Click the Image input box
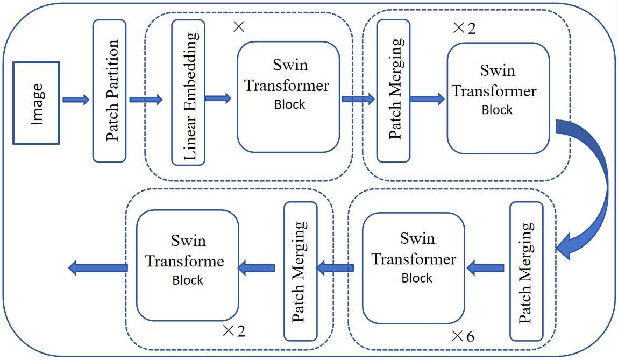coord(37,103)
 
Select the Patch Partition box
coord(109,90)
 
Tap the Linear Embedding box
coord(188,93)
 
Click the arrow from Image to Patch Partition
coord(76,100)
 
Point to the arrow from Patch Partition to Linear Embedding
coord(145,99)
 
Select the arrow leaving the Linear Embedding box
coord(217,98)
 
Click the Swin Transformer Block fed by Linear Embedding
coord(288,97)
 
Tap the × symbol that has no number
coord(239,27)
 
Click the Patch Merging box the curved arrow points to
coord(526,271)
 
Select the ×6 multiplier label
coord(463,336)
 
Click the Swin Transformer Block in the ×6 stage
coord(413,267)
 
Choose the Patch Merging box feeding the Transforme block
coord(300,271)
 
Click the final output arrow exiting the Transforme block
coord(98,267)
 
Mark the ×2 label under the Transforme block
coord(233,330)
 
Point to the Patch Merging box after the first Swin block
coord(394,90)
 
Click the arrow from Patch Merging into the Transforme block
coord(257,267)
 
